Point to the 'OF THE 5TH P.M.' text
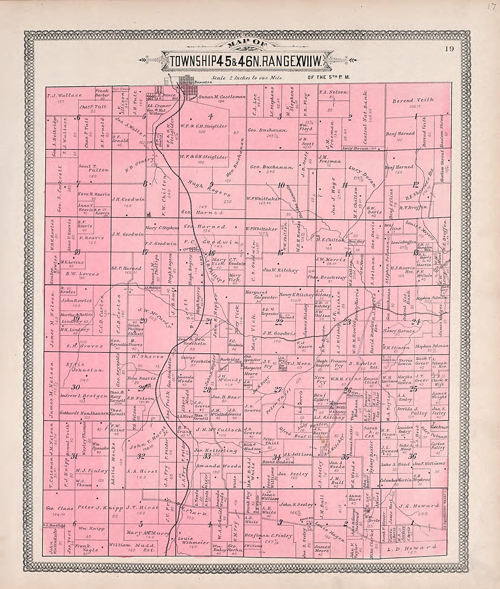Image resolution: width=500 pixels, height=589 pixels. [327, 78]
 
